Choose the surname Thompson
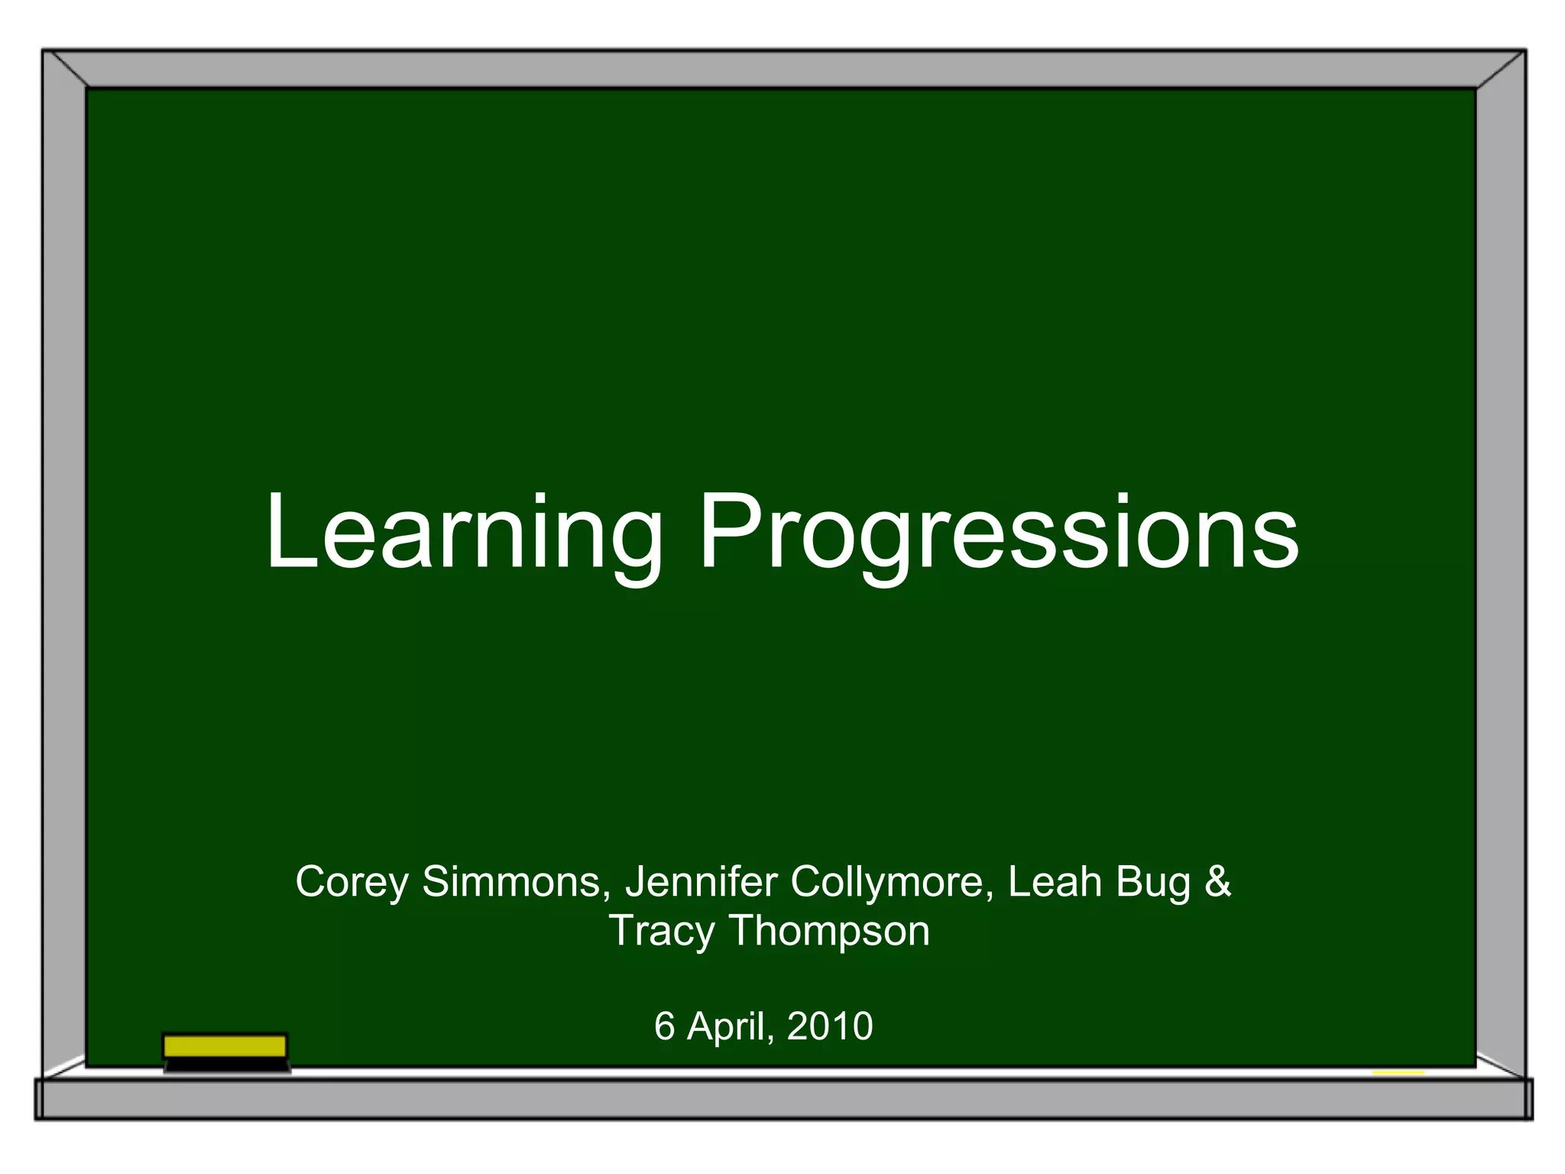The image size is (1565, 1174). point(830,932)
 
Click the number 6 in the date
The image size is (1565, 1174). point(665,1026)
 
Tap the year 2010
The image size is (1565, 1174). point(830,1026)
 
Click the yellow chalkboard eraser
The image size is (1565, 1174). point(225,1046)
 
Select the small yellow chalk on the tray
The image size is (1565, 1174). point(1398,1073)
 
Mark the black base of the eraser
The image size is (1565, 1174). point(227,1065)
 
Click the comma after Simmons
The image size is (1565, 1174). point(607,896)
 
